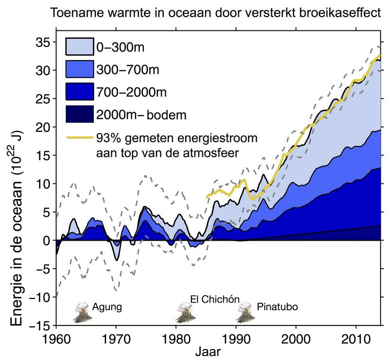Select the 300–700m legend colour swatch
click(x=80, y=69)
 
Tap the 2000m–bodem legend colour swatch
click(x=80, y=113)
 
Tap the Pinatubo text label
click(x=277, y=306)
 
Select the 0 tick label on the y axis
click(x=46, y=240)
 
